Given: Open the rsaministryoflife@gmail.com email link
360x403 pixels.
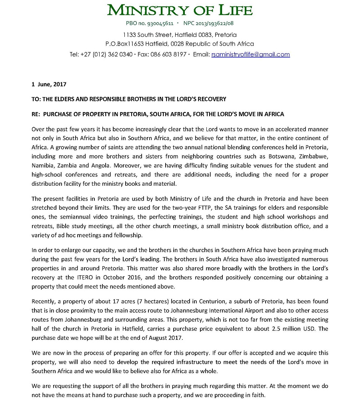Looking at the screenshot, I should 250,54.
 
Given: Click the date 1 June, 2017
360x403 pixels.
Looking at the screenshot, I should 49,84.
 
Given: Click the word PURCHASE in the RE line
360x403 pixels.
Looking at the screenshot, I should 59,114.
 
